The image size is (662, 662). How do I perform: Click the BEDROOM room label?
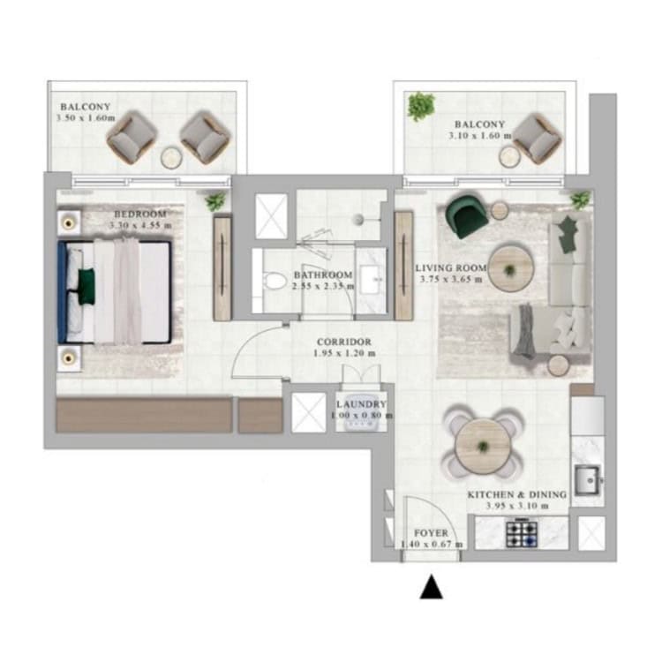pyautogui.click(x=140, y=214)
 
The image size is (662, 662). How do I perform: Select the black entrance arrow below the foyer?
pyautogui.click(x=431, y=586)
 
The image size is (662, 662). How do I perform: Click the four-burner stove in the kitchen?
pyautogui.click(x=522, y=534)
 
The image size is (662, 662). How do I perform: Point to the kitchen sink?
pyautogui.click(x=587, y=480)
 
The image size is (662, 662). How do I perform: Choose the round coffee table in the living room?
pyautogui.click(x=511, y=268)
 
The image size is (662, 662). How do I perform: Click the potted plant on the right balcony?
pyautogui.click(x=421, y=106)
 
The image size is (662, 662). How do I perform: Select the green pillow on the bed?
pyautogui.click(x=87, y=286)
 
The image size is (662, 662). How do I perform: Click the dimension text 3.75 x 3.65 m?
pyautogui.click(x=451, y=279)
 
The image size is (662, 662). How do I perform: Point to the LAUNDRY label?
pyautogui.click(x=361, y=404)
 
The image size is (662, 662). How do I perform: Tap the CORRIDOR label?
pyautogui.click(x=344, y=342)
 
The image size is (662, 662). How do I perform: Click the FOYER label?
pyautogui.click(x=431, y=533)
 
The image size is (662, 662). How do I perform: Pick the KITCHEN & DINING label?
pyautogui.click(x=516, y=494)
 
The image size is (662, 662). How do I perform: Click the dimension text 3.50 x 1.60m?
pyautogui.click(x=86, y=117)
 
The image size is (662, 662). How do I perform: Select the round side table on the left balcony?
pyautogui.click(x=172, y=157)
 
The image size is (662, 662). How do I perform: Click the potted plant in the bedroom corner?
pyautogui.click(x=215, y=201)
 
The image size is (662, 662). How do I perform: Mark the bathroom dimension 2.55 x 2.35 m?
pyautogui.click(x=323, y=286)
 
